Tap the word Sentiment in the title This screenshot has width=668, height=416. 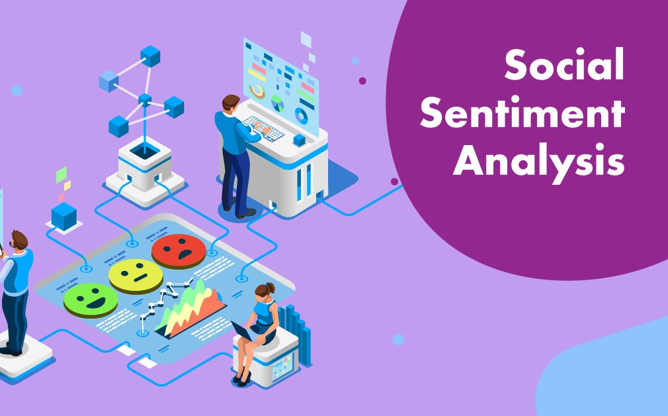coord(522,112)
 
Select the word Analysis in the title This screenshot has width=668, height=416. coord(538,161)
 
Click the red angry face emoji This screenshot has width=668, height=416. coord(179,251)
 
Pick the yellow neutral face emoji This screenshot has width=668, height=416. coord(136,276)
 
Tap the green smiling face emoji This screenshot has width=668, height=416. coord(91,300)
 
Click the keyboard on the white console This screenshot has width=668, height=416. coord(263,129)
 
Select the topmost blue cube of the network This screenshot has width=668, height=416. coord(150,56)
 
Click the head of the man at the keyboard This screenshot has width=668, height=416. coord(230,104)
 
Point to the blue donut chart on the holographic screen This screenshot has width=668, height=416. coord(301,116)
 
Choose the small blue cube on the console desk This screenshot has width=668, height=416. coord(299,140)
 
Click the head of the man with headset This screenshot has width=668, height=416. coord(19,241)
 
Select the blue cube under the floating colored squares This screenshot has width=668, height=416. coord(64,216)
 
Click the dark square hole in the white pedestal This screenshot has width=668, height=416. coord(144,150)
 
